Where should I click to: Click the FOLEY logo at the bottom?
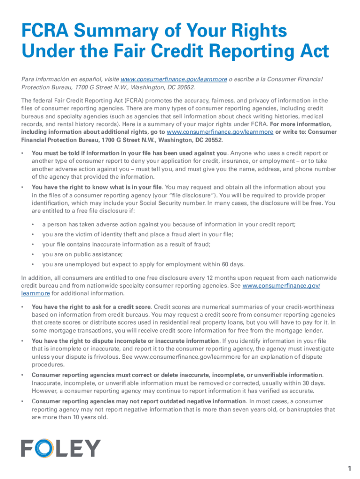[61, 448]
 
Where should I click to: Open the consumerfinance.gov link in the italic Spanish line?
[173, 80]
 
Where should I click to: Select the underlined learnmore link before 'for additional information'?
[36, 293]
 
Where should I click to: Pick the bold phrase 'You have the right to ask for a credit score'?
[91, 307]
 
